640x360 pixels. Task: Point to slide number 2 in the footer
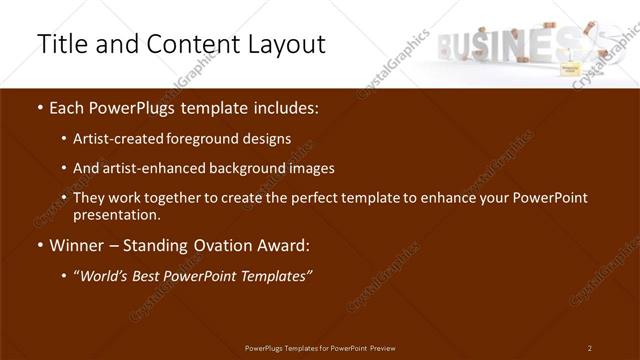pyautogui.click(x=589, y=348)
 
